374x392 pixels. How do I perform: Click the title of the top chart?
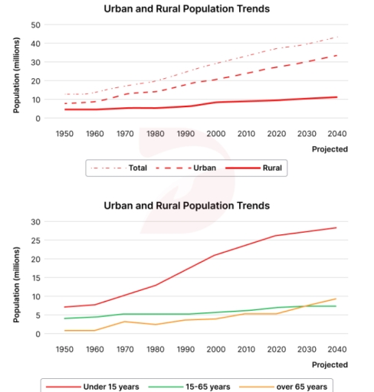(186, 9)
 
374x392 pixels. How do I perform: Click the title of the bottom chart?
(186, 206)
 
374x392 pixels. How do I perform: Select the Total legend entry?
(117, 167)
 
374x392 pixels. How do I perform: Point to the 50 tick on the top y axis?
(34, 24)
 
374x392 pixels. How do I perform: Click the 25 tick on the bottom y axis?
(34, 240)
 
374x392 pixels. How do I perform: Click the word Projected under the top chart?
(330, 149)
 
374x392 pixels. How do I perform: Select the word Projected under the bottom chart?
(330, 365)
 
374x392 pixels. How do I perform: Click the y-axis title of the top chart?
(16, 71)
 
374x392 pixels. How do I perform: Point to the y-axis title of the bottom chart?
(16, 278)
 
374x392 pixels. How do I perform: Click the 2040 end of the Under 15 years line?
(336, 227)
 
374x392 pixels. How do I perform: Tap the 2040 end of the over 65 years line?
(336, 299)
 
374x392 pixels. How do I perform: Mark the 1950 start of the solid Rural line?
(65, 109)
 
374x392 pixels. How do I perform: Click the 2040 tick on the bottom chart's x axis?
(336, 350)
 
